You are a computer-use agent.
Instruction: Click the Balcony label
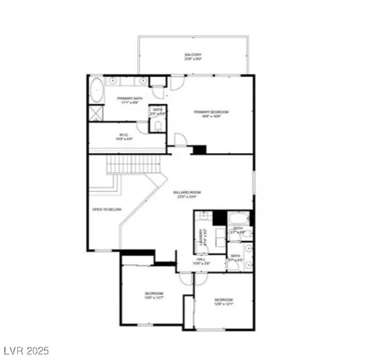[x=193, y=56]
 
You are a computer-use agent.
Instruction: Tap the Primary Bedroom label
[x=211, y=114]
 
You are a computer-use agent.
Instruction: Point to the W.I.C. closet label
[x=124, y=137]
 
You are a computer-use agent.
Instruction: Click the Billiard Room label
[x=187, y=194]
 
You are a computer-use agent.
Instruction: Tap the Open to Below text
[x=107, y=209]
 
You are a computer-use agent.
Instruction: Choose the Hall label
[x=200, y=261]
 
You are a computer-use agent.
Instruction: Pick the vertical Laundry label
[x=201, y=238]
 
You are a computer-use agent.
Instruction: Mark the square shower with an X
[x=95, y=115]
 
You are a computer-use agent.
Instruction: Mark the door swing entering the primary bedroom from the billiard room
[x=179, y=139]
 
